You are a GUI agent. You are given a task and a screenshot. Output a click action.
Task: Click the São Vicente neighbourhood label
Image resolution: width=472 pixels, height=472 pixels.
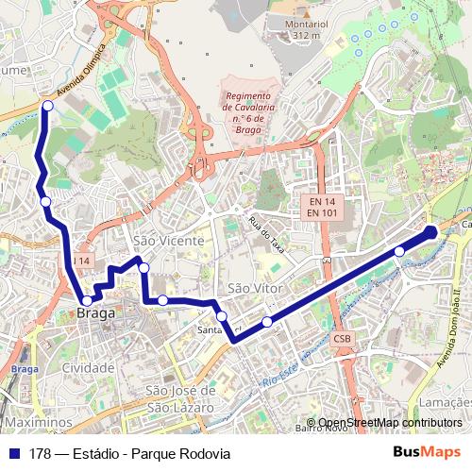point(168,241)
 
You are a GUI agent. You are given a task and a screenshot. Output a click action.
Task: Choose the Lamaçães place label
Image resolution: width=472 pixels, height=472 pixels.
point(444,402)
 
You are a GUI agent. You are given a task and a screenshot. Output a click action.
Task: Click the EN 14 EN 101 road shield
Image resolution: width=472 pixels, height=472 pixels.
point(322,208)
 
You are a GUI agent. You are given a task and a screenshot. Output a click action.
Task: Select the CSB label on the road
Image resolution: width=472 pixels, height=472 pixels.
point(341,337)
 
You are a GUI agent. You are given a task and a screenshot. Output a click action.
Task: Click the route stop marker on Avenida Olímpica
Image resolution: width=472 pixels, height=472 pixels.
point(47,106)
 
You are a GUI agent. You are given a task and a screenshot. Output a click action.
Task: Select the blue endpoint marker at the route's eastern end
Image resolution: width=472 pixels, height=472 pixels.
point(430,231)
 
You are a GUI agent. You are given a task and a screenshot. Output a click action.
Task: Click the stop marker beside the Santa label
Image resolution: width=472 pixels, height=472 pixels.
point(221,316)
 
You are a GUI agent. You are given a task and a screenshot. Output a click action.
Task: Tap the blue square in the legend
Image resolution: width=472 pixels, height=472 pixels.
point(15,453)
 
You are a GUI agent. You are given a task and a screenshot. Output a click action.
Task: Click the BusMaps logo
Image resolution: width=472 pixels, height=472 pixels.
point(429,453)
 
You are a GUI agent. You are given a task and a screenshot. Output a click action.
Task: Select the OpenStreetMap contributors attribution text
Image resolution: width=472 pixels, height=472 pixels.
point(388,423)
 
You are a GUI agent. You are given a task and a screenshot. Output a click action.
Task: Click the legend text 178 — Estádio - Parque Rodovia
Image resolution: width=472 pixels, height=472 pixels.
point(129,453)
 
